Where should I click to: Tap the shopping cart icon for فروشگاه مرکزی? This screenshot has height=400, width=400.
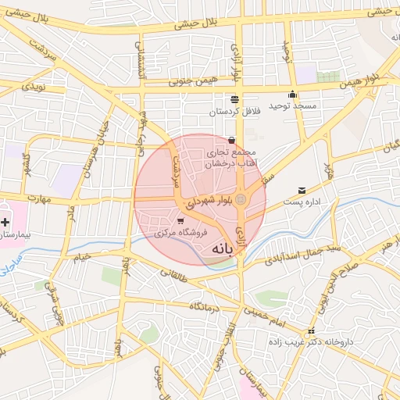coord(182,220)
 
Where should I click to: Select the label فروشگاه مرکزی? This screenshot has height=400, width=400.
coord(180,233)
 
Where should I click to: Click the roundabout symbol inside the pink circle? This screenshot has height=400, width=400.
coord(241,201)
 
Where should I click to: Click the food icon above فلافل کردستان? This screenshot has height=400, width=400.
coord(234,98)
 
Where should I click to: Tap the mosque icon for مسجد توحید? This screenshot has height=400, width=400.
coord(292,95)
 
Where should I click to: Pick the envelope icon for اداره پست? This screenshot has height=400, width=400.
coord(302,191)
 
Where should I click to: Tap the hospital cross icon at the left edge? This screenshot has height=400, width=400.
coord(5,223)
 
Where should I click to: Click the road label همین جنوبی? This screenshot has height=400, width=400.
coord(191,81)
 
